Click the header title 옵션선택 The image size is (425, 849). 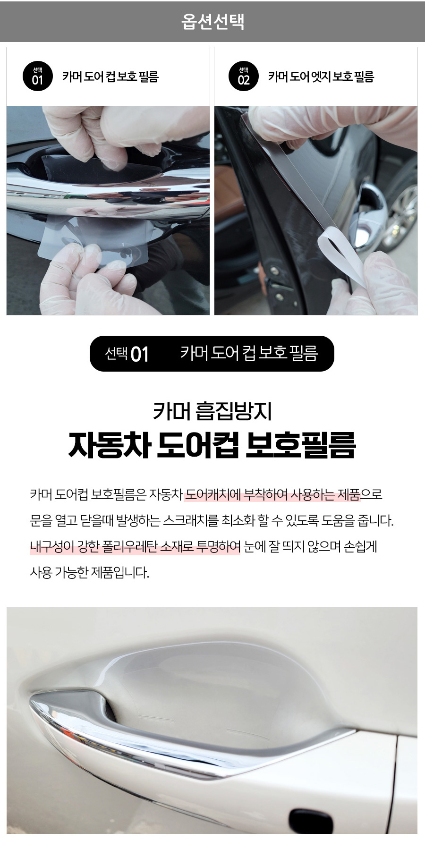pyautogui.click(x=212, y=21)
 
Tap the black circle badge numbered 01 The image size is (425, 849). pyautogui.click(x=37, y=76)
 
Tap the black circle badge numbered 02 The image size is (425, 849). pyautogui.click(x=243, y=76)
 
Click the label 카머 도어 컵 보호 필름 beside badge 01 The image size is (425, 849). pyautogui.click(x=110, y=76)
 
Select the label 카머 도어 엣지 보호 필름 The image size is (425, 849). pyautogui.click(x=321, y=76)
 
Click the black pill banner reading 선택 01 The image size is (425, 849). pyautogui.click(x=212, y=354)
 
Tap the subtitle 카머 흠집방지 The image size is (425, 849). pyautogui.click(x=212, y=410)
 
